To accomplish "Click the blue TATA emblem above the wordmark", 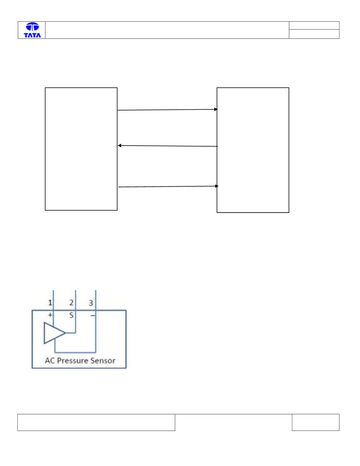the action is point(32,27).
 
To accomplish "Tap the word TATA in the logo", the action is point(32,35).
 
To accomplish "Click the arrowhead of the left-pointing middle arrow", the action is point(119,146).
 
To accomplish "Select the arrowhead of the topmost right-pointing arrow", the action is point(216,109).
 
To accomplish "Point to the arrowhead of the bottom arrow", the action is point(217,186).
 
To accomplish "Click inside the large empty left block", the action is point(81,149).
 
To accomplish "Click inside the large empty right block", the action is point(253,150).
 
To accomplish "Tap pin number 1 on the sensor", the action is point(50,303).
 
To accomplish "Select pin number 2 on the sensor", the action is point(71,302).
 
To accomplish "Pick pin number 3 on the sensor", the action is point(91,303).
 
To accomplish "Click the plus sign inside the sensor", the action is point(50,315).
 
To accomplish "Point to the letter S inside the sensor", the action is point(71,315).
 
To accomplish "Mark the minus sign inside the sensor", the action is point(92,315).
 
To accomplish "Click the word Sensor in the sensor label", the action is point(103,361).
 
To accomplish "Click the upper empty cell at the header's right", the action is point(314,25).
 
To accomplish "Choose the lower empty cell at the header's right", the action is point(314,34).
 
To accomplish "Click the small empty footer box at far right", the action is point(316,422).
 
